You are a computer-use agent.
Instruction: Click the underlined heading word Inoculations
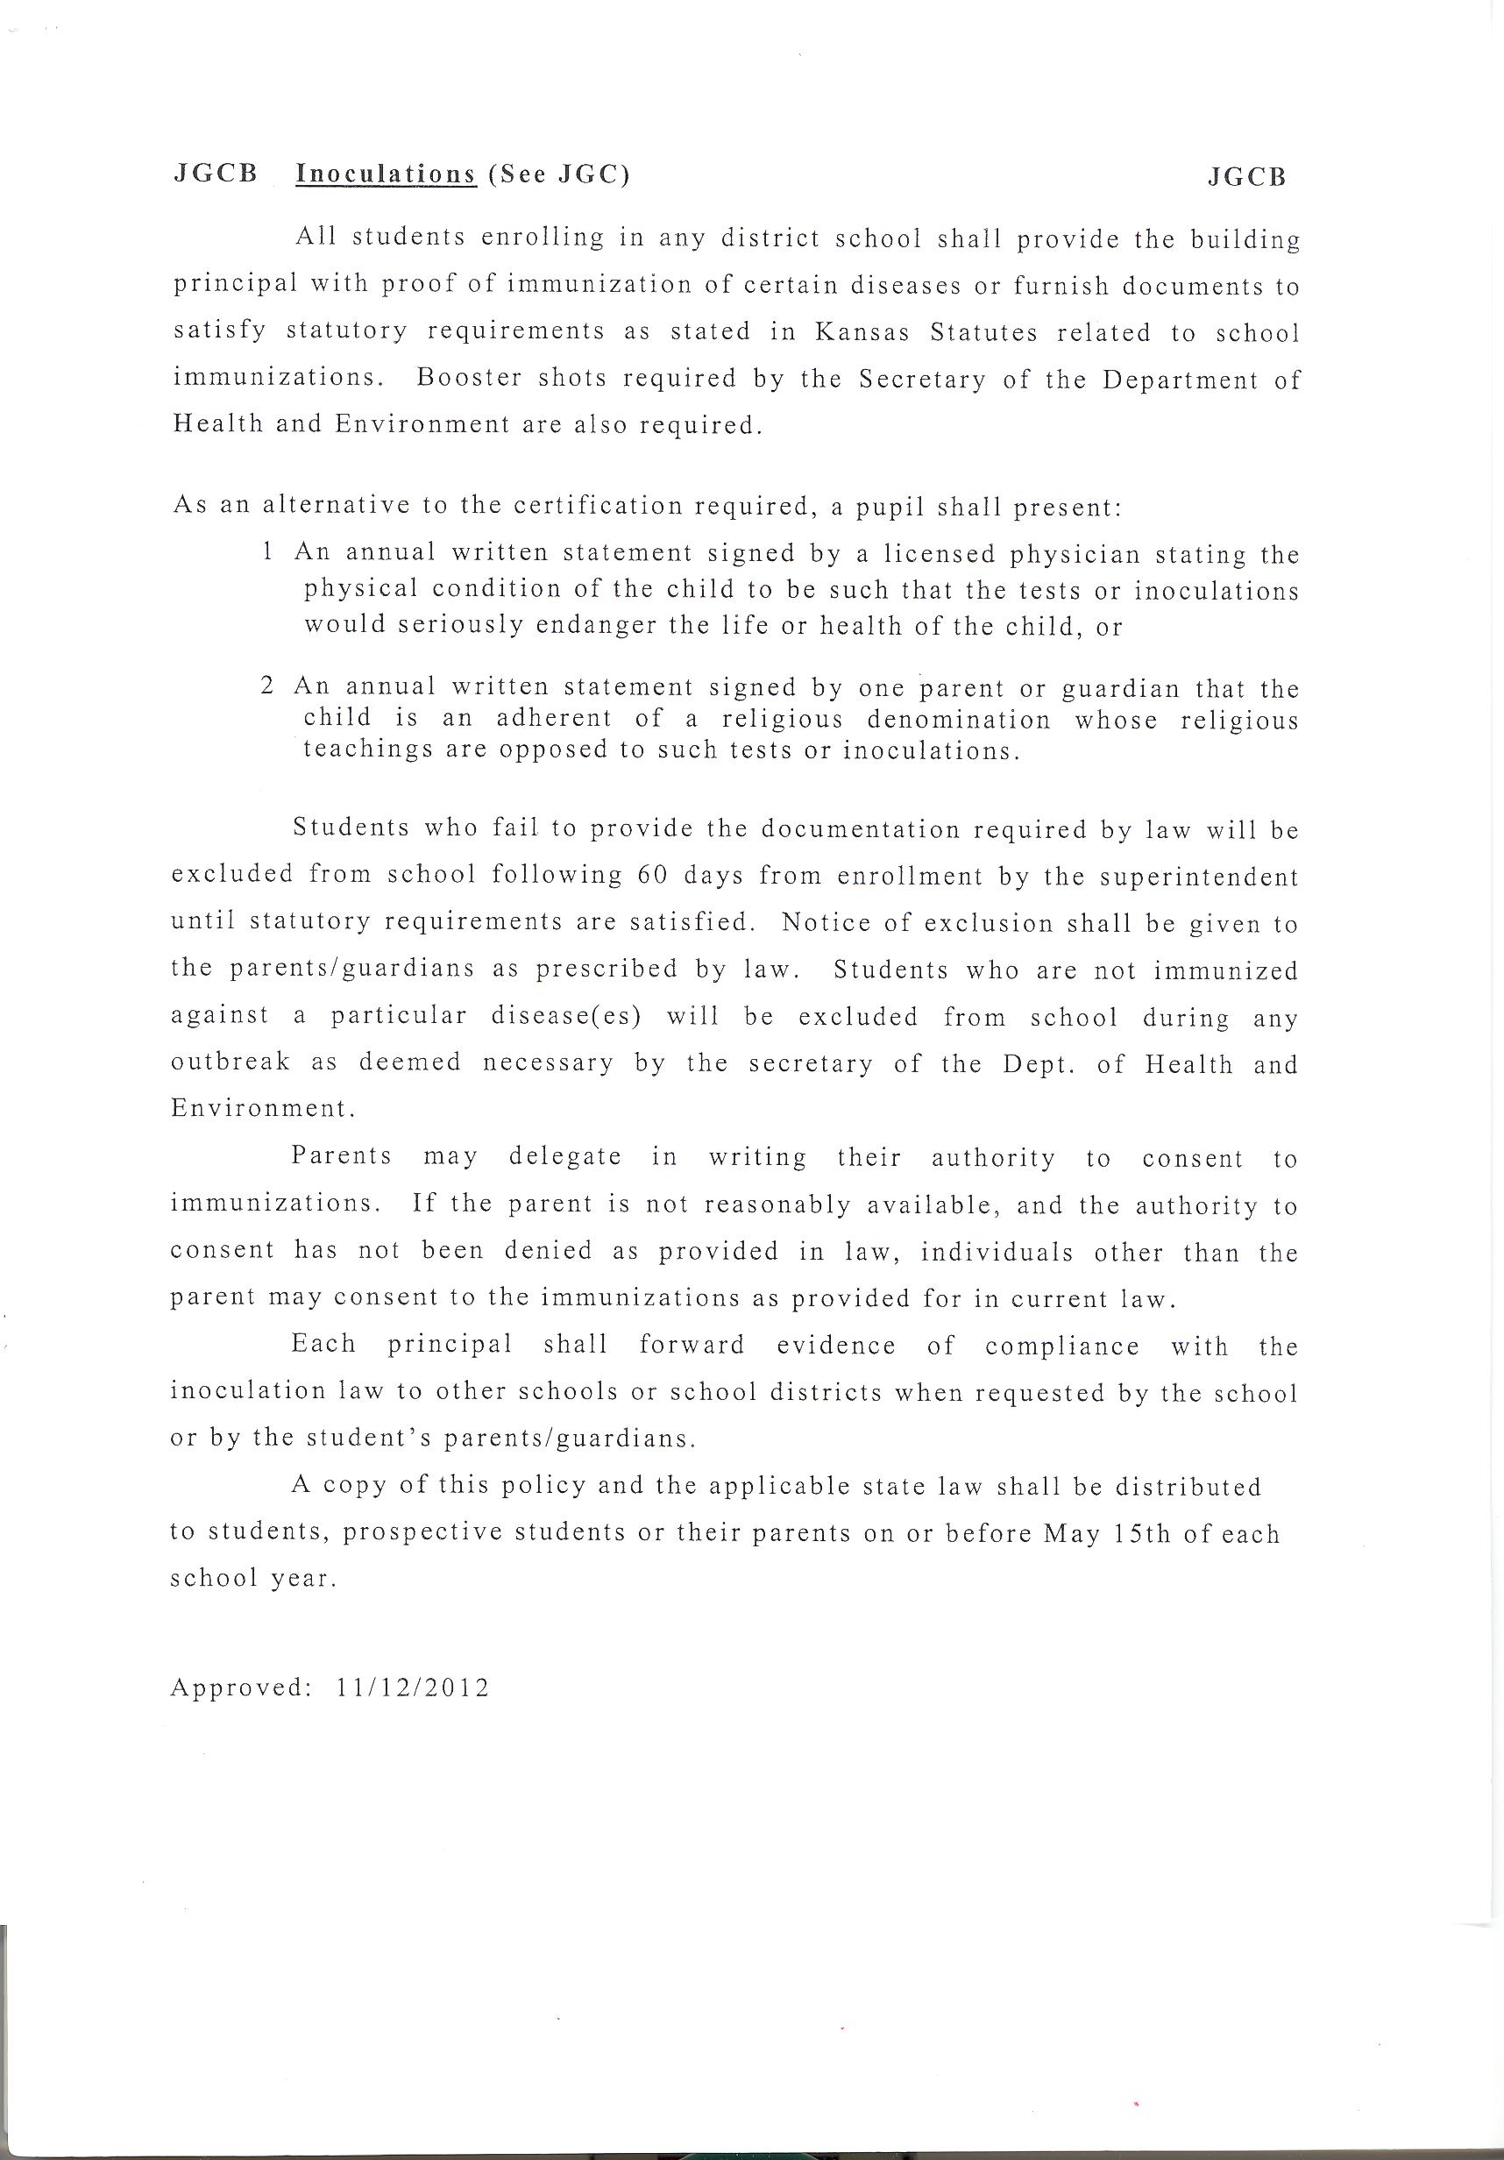pos(386,175)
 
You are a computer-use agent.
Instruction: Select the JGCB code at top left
pos(216,175)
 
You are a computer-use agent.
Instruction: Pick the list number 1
pos(268,552)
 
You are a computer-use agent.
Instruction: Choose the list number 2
pos(267,686)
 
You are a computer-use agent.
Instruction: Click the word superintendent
pos(1198,877)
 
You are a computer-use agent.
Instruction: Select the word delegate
pos(564,1156)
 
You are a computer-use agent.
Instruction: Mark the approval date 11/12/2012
pos(412,1687)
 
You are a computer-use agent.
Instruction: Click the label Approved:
pos(240,1687)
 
